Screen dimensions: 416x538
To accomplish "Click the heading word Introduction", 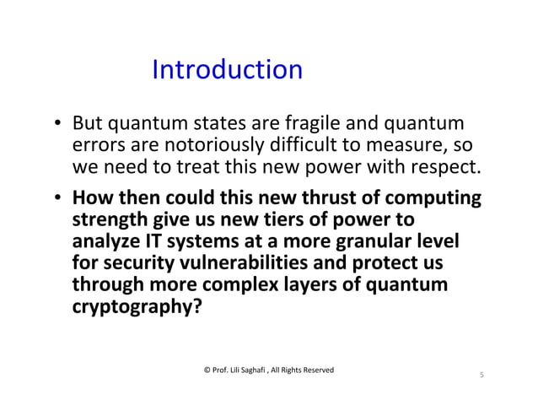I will (x=227, y=69).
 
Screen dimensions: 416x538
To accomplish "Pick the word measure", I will (x=412, y=144).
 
